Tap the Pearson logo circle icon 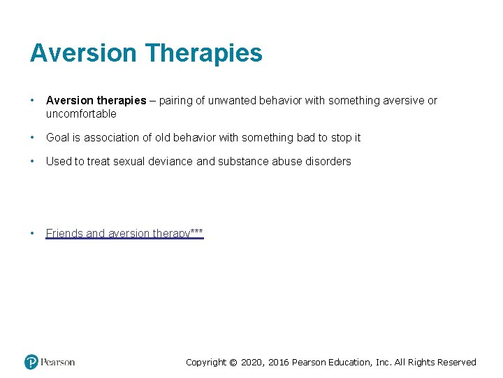(31, 362)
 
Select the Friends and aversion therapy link (124, 233)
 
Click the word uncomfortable (81, 113)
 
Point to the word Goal (58, 137)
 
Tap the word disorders (328, 161)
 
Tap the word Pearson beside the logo (57, 363)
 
